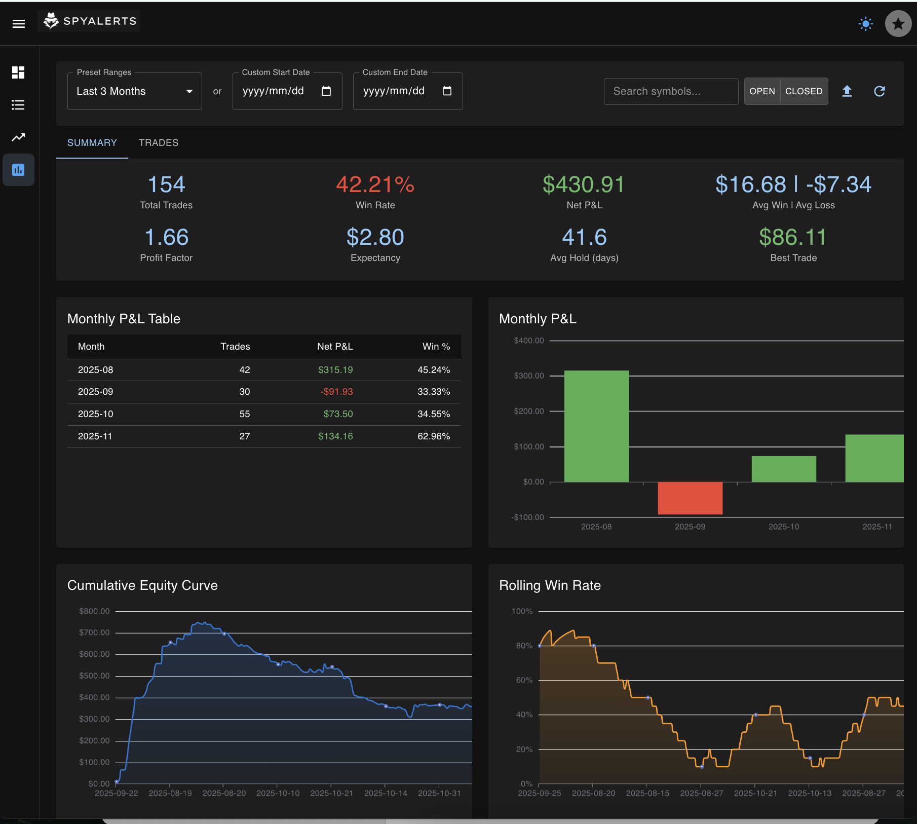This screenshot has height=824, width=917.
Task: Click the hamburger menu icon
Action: (19, 24)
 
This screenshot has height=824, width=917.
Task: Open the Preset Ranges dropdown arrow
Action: (189, 92)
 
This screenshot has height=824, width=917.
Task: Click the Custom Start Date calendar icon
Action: (326, 91)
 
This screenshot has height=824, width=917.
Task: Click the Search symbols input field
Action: (670, 92)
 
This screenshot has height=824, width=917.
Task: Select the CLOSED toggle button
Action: (804, 92)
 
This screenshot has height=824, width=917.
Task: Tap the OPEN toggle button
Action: (762, 92)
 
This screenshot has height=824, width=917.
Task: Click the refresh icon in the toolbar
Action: (880, 91)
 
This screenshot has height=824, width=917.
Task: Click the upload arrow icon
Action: (847, 91)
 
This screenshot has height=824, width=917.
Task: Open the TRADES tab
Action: (159, 143)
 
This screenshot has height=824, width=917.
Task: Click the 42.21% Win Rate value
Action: (375, 185)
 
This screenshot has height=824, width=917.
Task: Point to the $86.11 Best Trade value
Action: (793, 238)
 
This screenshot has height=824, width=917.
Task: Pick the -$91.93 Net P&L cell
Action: (336, 392)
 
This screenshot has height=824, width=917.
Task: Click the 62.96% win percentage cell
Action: (433, 436)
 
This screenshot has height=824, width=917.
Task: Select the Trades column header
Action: (235, 347)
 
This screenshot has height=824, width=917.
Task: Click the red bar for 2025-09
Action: (690, 498)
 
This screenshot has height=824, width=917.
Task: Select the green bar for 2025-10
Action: (783, 469)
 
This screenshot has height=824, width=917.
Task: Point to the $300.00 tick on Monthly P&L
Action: (528, 376)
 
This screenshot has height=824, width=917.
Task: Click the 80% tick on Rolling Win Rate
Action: (524, 646)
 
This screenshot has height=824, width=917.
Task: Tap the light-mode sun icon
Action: (866, 24)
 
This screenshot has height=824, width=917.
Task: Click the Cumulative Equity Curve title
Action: (142, 586)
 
